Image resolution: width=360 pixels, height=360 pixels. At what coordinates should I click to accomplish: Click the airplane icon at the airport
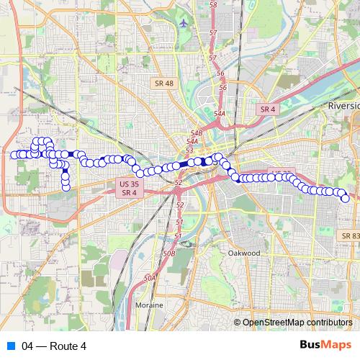(x=185, y=22)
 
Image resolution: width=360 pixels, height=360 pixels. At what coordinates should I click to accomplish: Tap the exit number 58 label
(x=213, y=5)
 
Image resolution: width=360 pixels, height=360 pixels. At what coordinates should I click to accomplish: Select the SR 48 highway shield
(x=163, y=84)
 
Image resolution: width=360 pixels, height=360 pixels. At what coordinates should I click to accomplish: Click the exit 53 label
(x=189, y=150)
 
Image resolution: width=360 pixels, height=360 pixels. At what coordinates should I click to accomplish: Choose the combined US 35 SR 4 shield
(x=125, y=188)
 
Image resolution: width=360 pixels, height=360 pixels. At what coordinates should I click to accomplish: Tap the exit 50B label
(x=169, y=253)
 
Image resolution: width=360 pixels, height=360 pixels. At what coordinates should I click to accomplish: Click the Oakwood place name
(x=243, y=253)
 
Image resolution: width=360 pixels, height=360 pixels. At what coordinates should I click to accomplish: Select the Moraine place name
(x=149, y=305)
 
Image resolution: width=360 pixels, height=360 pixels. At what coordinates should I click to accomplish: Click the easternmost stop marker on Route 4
(x=345, y=198)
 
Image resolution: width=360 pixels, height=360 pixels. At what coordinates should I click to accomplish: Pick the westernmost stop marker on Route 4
(x=14, y=155)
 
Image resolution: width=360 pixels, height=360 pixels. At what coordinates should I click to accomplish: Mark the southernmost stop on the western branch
(x=66, y=188)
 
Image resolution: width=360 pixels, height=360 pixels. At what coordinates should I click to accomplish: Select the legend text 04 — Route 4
(x=54, y=346)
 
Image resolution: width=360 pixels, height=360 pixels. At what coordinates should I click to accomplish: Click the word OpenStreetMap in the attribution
(x=271, y=322)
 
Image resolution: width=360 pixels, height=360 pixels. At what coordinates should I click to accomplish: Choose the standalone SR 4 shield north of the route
(x=267, y=109)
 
